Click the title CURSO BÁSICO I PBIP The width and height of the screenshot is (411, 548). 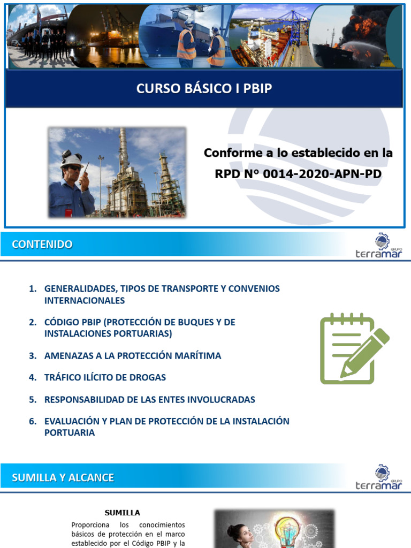tap(204, 88)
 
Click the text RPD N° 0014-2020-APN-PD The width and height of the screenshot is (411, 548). tap(298, 174)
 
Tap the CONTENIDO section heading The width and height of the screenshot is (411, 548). tap(42, 245)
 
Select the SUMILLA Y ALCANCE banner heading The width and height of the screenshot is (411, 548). tap(63, 477)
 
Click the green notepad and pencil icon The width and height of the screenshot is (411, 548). tap(354, 349)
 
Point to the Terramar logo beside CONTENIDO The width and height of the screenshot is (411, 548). tap(378, 246)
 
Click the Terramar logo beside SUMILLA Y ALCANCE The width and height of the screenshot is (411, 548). tap(378, 478)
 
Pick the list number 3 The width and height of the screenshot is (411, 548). tap(33, 355)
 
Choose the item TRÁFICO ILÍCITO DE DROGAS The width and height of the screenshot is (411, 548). tap(105, 377)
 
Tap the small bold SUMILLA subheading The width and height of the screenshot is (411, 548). tap(123, 513)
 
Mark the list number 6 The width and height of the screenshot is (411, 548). tap(33, 421)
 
